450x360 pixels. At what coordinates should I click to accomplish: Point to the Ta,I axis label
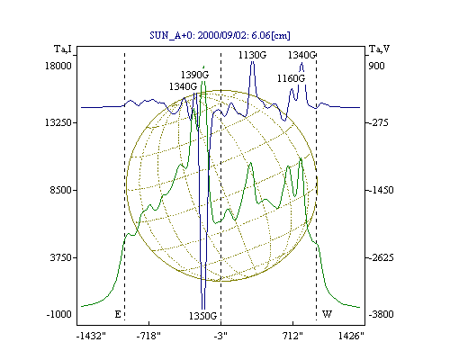(x=63, y=49)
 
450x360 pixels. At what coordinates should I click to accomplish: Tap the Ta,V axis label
(x=379, y=49)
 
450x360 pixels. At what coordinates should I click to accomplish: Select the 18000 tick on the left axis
(x=58, y=66)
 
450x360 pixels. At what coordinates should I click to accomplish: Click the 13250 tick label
(x=58, y=122)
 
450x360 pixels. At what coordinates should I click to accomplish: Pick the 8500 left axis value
(x=60, y=190)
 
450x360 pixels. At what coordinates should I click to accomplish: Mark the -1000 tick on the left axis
(x=59, y=314)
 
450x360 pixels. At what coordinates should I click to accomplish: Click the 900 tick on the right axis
(x=376, y=66)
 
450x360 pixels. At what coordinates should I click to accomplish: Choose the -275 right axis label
(x=379, y=122)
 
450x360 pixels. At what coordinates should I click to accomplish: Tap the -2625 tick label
(x=381, y=257)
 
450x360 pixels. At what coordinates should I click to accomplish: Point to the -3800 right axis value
(x=381, y=314)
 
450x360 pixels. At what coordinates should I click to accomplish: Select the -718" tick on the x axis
(x=148, y=336)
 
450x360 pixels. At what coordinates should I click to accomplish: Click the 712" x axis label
(x=292, y=336)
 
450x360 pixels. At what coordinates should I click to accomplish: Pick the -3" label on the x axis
(x=220, y=336)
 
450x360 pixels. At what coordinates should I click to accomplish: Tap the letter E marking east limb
(x=118, y=314)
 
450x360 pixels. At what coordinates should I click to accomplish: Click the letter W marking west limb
(x=327, y=314)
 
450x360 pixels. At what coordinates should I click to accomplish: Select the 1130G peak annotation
(x=252, y=55)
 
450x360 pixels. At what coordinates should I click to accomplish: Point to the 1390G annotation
(x=194, y=75)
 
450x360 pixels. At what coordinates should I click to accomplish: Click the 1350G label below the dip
(x=202, y=316)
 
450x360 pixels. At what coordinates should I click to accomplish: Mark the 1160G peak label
(x=291, y=78)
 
